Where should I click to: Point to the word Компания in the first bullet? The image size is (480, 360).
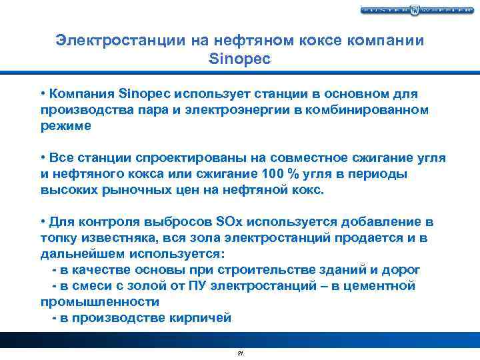tap(77, 93)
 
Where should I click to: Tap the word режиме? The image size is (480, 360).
tap(65, 125)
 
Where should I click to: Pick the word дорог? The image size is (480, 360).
tap(402, 269)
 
